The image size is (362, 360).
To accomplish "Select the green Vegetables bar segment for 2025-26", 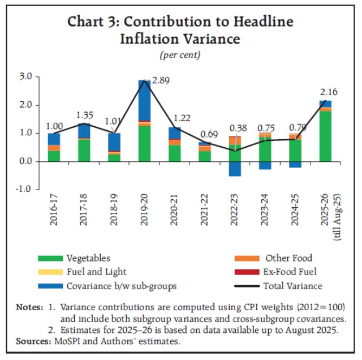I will [x=325, y=136].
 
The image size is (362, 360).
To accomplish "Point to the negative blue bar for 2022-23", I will [x=235, y=169].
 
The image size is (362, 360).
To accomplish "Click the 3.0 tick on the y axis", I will [x=25, y=76].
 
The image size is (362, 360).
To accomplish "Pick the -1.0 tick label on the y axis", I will [x=24, y=190].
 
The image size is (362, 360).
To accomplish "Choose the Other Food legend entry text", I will [x=289, y=258].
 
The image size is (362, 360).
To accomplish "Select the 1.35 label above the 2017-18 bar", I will [x=85, y=116].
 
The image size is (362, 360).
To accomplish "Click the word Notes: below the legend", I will [x=31, y=307].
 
